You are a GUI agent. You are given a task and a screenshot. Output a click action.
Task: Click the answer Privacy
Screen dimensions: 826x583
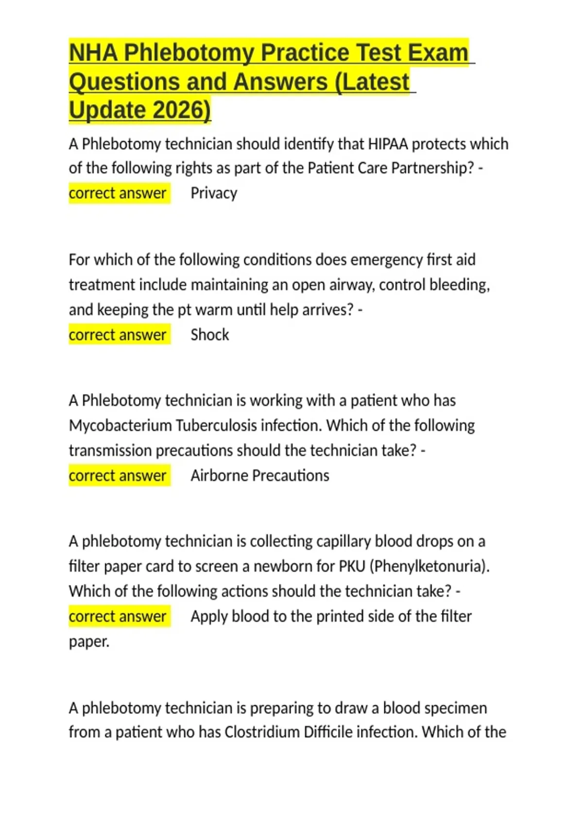[214, 193]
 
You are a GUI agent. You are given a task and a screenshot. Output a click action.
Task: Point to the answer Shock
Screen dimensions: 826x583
[209, 335]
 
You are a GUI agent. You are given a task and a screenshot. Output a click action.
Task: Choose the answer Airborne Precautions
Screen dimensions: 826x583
[259, 475]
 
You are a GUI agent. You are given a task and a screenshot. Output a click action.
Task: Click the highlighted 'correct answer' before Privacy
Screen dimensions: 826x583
[118, 193]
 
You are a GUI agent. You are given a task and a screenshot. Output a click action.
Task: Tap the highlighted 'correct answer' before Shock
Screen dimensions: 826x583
[118, 335]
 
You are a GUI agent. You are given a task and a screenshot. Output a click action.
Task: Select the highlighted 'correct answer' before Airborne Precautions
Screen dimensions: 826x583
[118, 475]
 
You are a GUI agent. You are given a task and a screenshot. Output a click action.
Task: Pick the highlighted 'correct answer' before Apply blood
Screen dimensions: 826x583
[118, 616]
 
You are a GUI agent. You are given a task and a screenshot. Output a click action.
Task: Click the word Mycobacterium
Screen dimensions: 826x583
[120, 426]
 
